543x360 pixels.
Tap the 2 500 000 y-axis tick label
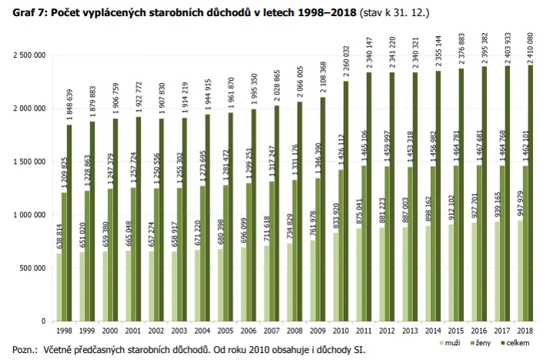coord(29,55)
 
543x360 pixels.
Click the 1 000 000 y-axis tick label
coord(29,215)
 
